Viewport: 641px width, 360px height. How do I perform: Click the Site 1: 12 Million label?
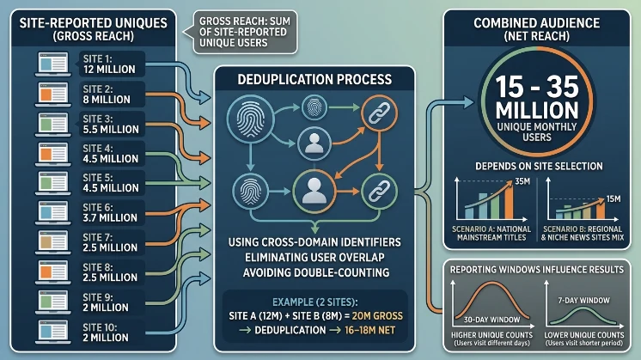(x=109, y=64)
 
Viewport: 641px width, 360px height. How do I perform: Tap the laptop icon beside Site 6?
(x=52, y=213)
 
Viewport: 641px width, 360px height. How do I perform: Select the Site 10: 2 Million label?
(x=106, y=333)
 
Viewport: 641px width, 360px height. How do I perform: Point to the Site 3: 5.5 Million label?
(x=111, y=124)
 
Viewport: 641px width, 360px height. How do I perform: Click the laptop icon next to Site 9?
(x=52, y=302)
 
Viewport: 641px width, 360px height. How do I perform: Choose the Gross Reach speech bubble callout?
(x=245, y=32)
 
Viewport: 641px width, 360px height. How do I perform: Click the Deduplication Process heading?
(x=314, y=79)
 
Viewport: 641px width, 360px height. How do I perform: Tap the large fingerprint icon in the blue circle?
(x=251, y=119)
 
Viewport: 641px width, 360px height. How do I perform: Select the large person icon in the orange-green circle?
(x=314, y=192)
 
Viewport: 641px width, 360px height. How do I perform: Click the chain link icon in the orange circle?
(x=379, y=113)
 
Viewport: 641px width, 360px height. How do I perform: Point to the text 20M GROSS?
(x=377, y=316)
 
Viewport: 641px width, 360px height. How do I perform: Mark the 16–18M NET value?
(x=369, y=330)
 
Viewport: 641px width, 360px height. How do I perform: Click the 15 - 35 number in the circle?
(x=537, y=87)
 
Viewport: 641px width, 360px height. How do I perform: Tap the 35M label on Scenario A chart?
(x=522, y=181)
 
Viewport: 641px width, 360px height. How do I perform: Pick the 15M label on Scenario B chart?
(x=614, y=199)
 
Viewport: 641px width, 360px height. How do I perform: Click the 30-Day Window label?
(x=491, y=320)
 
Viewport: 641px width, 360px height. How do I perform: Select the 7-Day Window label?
(x=584, y=301)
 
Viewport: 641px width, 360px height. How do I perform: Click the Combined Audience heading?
(x=537, y=23)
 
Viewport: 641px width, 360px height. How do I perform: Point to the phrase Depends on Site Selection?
(x=539, y=167)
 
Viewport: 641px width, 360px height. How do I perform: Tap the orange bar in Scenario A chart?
(x=509, y=203)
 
